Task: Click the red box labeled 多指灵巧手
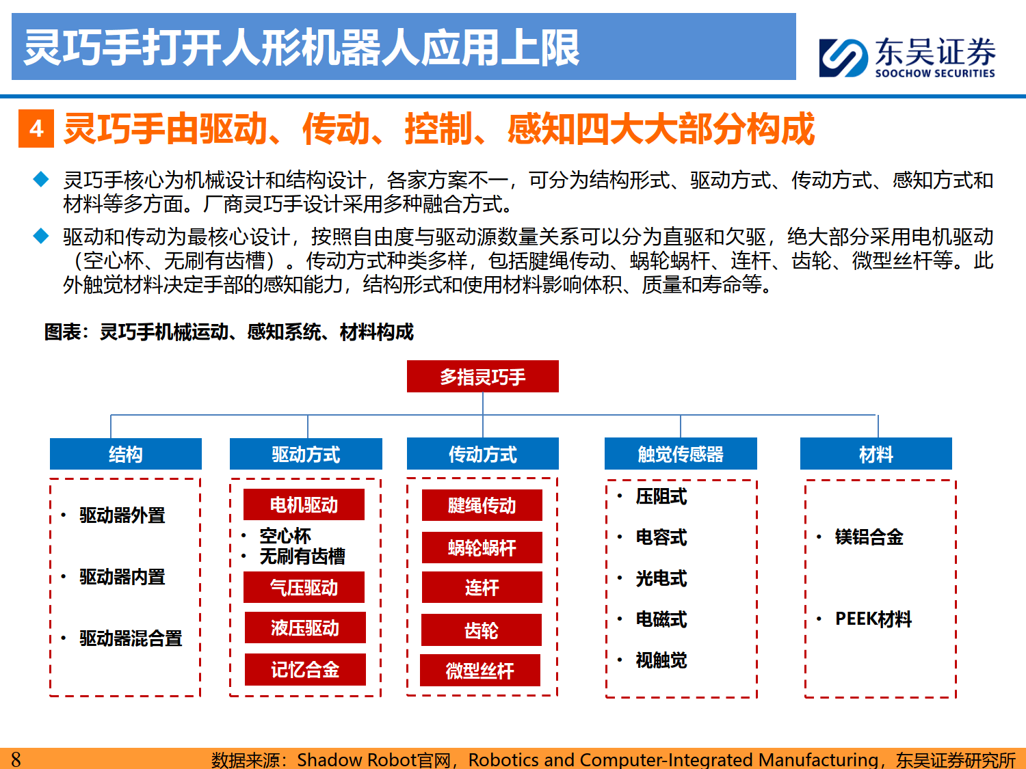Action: [x=482, y=377]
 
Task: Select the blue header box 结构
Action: [x=126, y=454]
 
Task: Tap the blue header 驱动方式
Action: [x=306, y=454]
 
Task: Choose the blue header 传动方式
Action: [x=482, y=453]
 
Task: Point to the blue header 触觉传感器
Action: [x=681, y=453]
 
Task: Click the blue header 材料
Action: [x=876, y=453]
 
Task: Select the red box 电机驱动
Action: [x=304, y=504]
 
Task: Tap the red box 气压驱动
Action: [x=304, y=587]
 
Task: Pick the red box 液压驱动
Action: [x=305, y=628]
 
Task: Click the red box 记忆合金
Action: [x=305, y=670]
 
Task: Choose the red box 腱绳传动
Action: [x=482, y=505]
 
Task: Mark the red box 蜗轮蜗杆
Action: [x=482, y=548]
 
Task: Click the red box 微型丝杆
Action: [x=480, y=671]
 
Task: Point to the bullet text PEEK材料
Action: [x=873, y=619]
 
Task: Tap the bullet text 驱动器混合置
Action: [x=131, y=638]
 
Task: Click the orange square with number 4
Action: [x=36, y=129]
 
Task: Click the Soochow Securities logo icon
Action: [x=843, y=58]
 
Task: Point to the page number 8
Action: [x=16, y=759]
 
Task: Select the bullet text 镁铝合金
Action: [x=869, y=537]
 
